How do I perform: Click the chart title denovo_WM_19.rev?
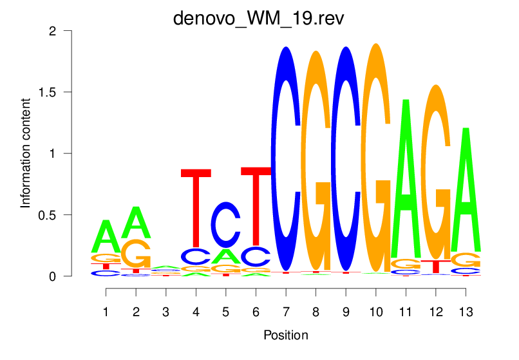click(259, 17)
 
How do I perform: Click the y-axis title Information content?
click(26, 153)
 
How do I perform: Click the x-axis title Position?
click(285, 336)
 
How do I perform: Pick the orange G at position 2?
click(136, 254)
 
